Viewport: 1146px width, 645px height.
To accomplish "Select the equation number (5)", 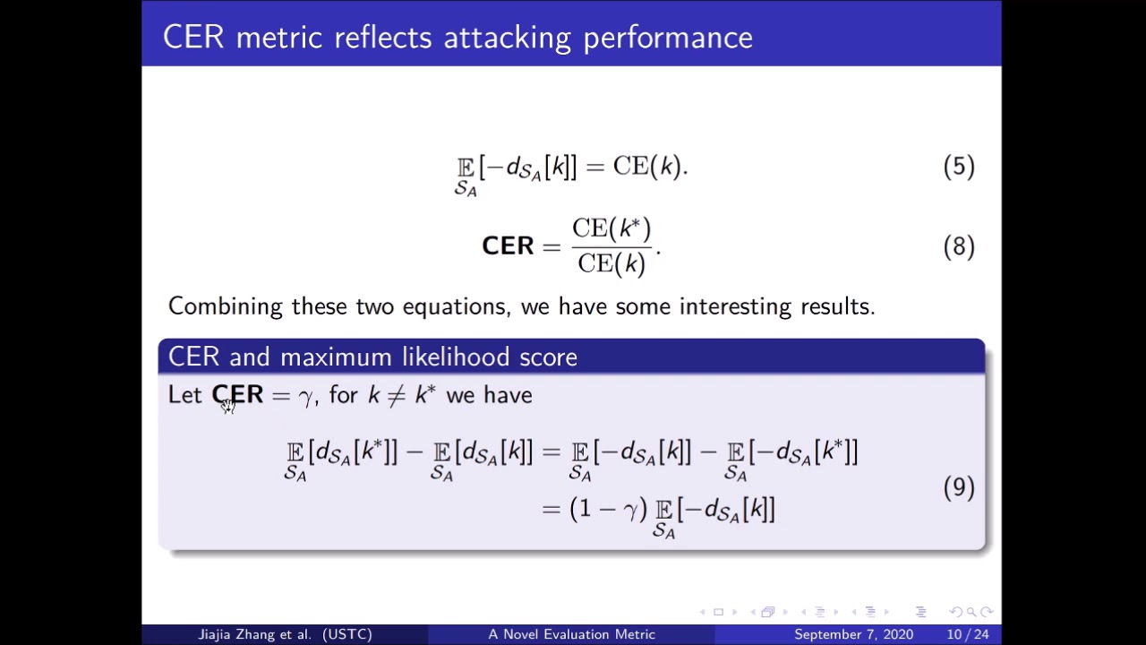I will (x=958, y=167).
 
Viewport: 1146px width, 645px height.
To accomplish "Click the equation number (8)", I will (x=958, y=246).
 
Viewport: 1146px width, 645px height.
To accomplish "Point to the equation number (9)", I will (x=958, y=486).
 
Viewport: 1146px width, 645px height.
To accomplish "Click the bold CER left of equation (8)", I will (x=508, y=246).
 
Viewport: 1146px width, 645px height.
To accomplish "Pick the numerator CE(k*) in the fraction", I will (x=611, y=229).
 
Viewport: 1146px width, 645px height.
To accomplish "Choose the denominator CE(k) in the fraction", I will (x=611, y=263).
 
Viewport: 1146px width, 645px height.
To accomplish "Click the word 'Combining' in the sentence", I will (x=226, y=306).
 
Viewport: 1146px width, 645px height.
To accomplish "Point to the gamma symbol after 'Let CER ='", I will (x=305, y=397).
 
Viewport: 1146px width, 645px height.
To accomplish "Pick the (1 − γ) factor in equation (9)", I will (x=608, y=509).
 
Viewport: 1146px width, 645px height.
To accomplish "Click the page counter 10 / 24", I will (x=967, y=634).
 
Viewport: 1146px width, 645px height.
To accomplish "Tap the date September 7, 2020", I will (x=853, y=634).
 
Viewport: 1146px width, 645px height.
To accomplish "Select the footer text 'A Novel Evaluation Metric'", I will (x=571, y=634).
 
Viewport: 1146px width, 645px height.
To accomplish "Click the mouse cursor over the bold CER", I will (x=228, y=406).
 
